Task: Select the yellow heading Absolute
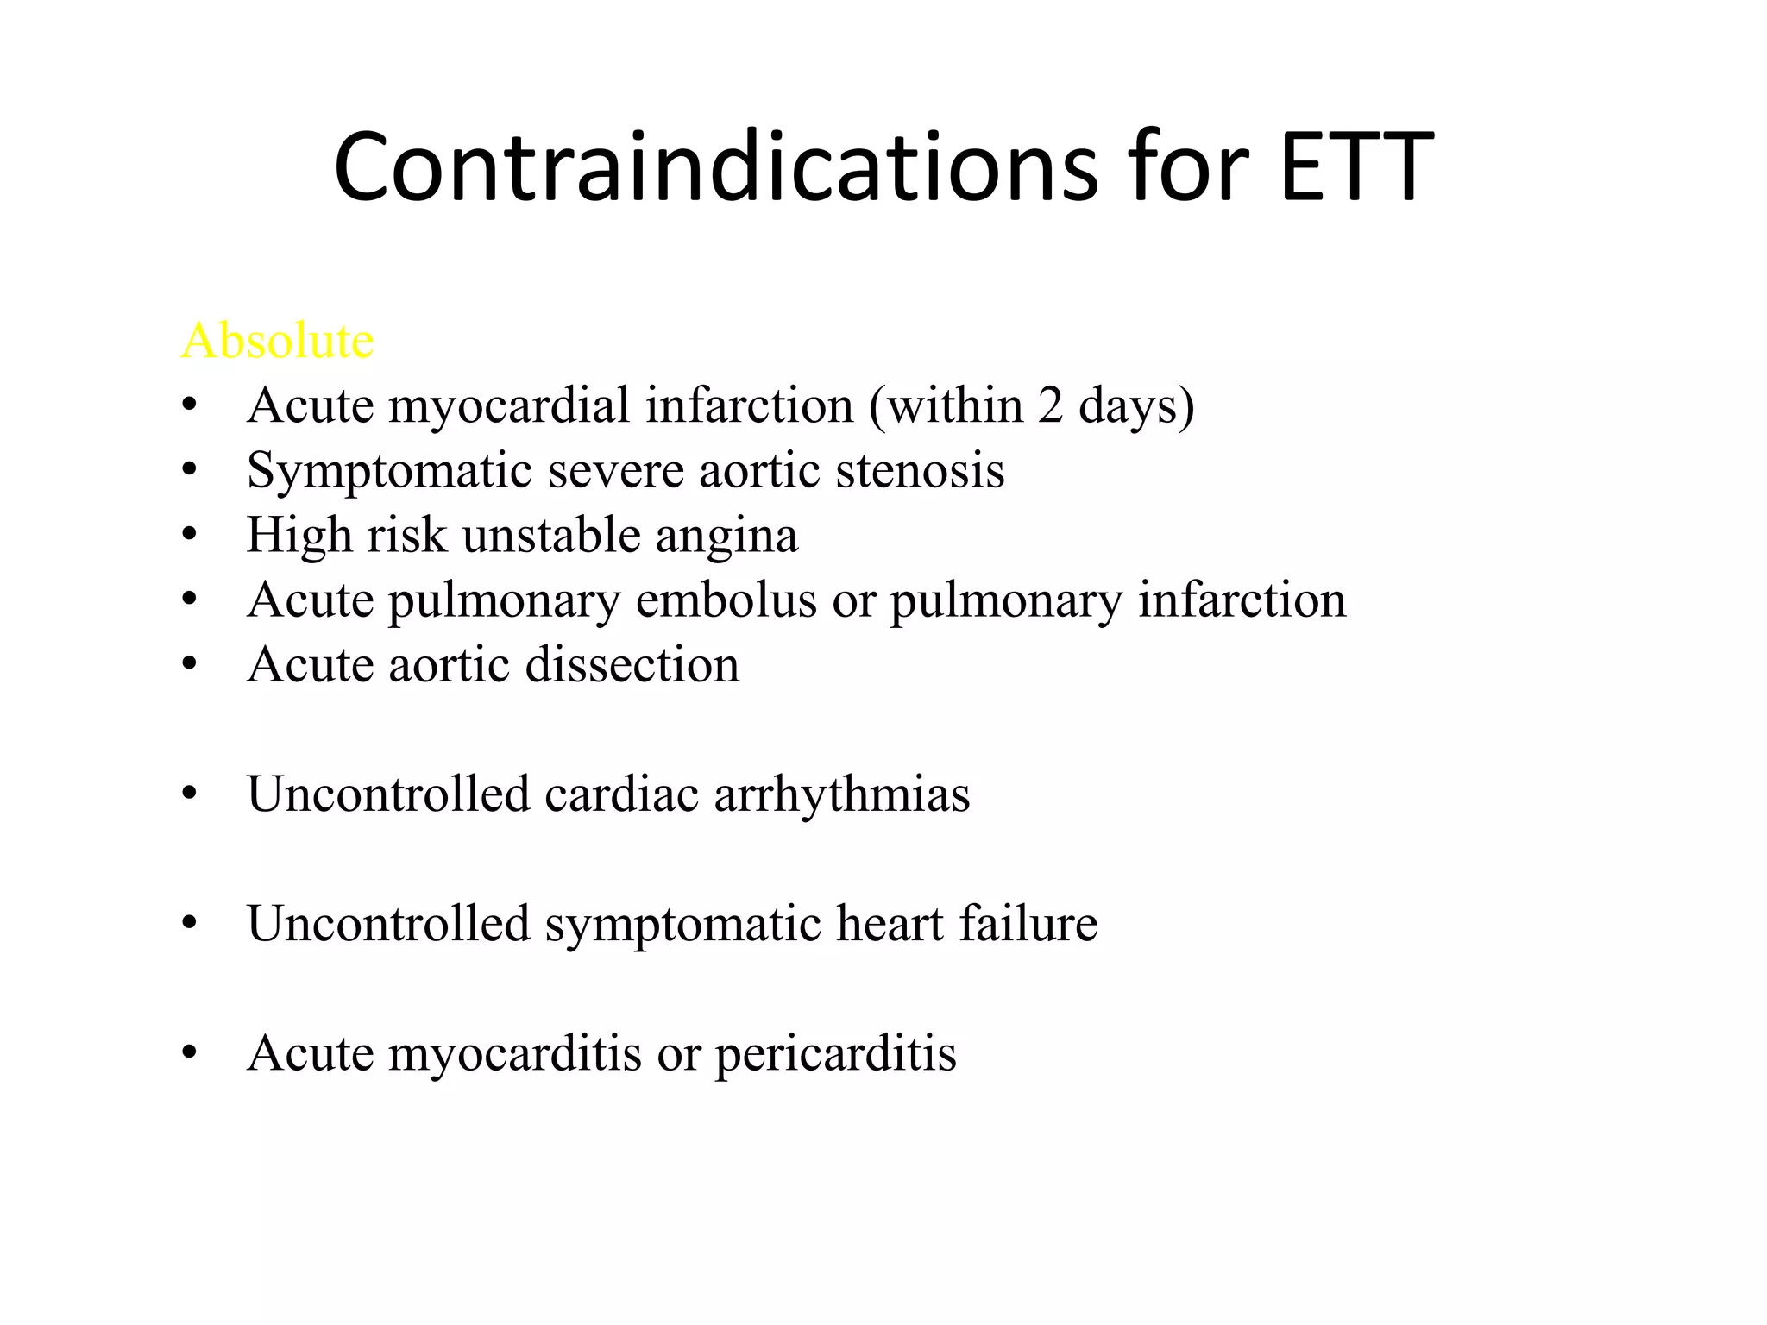pos(277,340)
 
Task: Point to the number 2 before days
pos(1050,405)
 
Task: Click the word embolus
pos(726,600)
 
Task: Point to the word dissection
pos(632,665)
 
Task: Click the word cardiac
pos(621,794)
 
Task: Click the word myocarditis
pos(515,1054)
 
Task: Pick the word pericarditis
pos(835,1054)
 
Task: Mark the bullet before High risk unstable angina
pos(190,535)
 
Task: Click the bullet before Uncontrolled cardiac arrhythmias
pos(190,794)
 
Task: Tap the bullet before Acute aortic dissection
pos(190,664)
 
